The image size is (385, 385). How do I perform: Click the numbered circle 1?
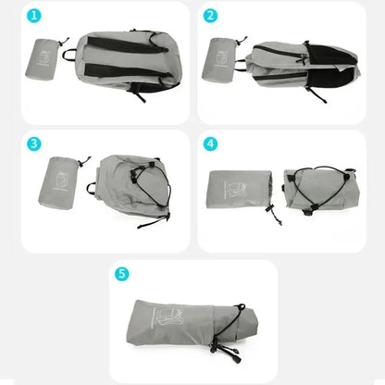pos(33,16)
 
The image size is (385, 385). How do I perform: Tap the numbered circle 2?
pos(210,16)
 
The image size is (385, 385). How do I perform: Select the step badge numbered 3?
pos(33,144)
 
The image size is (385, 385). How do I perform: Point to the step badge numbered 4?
pos(210,144)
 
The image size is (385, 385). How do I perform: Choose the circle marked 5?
pos(122,273)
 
